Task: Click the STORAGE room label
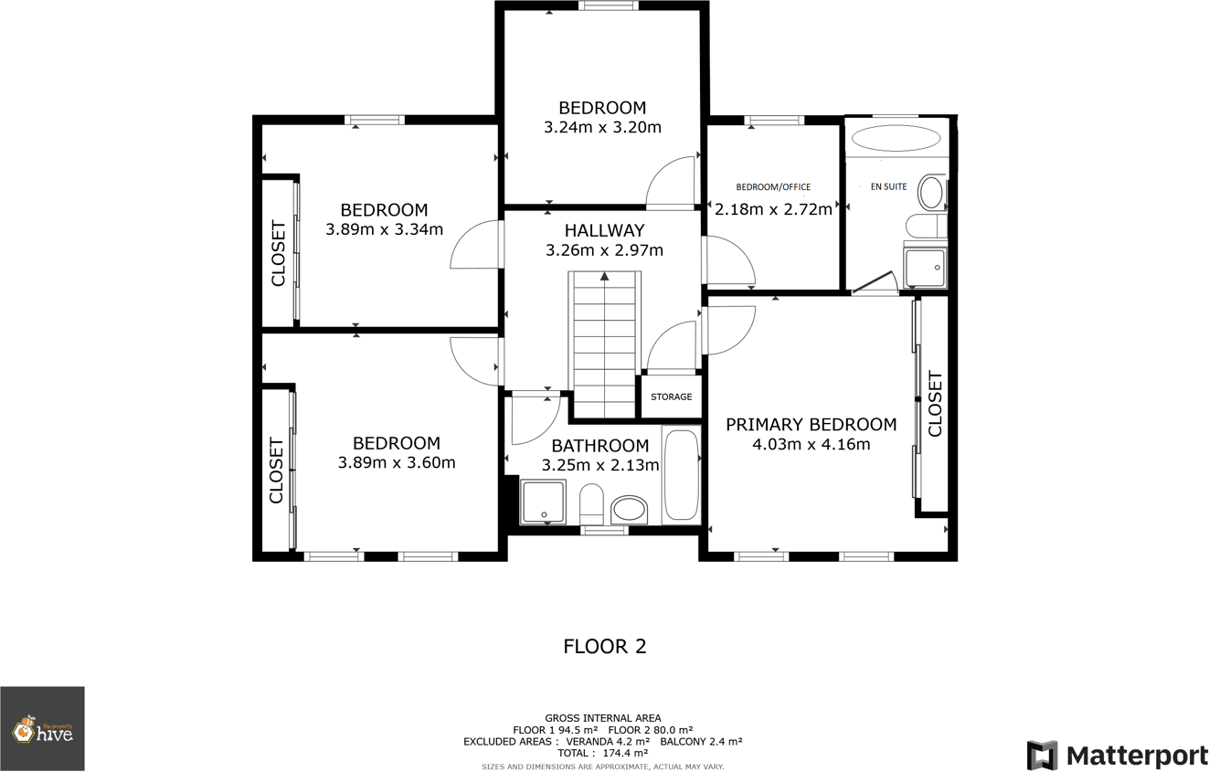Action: click(671, 397)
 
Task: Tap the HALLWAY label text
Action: click(604, 230)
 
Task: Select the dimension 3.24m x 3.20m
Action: click(602, 127)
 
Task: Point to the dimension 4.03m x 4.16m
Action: click(811, 445)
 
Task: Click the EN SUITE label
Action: click(888, 186)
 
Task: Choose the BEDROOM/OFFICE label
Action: click(773, 187)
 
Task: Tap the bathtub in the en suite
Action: click(895, 139)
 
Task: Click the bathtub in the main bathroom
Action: click(681, 475)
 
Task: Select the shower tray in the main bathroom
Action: click(544, 502)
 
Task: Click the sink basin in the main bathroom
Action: click(629, 510)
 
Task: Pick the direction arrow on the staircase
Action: click(604, 276)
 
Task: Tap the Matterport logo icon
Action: click(1042, 756)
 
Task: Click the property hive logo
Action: click(42, 729)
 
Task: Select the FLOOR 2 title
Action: click(604, 647)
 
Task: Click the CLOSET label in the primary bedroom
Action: click(934, 404)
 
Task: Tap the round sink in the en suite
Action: click(930, 194)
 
